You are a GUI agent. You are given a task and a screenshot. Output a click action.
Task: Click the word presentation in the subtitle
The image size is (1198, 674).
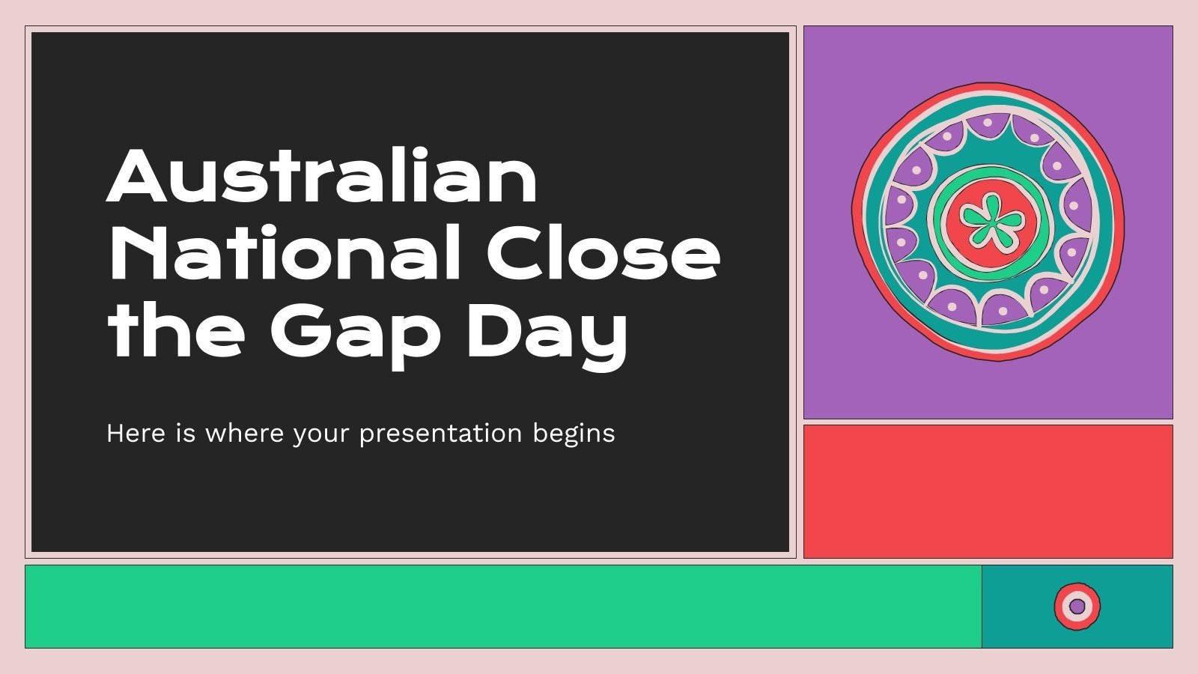(x=440, y=434)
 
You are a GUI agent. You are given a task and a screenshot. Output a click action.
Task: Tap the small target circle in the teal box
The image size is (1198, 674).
(x=1077, y=606)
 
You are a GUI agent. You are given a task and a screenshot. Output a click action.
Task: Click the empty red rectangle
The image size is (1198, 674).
(x=988, y=491)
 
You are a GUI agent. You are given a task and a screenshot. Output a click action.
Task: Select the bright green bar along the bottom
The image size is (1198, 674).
(x=502, y=606)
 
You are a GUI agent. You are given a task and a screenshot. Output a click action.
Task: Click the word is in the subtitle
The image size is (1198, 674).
(x=185, y=434)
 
